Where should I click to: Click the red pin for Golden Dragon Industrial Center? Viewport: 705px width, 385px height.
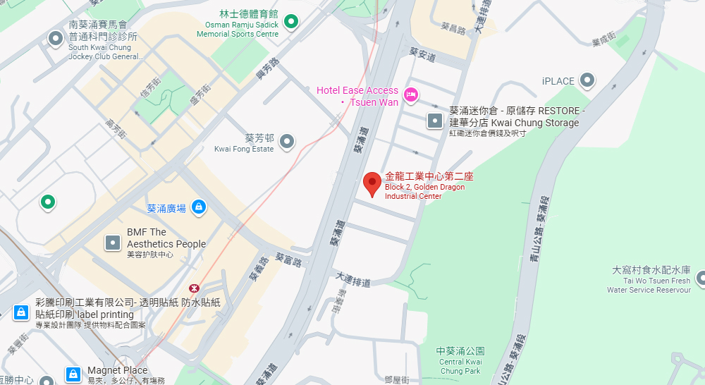(372, 185)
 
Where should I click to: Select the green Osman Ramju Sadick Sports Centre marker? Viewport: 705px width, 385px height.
(290, 21)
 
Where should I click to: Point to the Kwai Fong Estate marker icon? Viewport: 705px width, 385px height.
(287, 142)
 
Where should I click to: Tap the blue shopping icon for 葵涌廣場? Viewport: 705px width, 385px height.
(199, 207)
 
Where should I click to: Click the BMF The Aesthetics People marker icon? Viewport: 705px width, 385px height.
(113, 243)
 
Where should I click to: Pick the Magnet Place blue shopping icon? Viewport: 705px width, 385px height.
(73, 374)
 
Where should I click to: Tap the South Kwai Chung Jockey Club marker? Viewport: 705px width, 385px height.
(55, 39)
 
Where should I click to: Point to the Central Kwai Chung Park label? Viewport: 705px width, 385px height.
(460, 360)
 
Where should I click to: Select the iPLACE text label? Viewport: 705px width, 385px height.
(558, 81)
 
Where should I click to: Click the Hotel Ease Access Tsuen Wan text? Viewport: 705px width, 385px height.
(357, 97)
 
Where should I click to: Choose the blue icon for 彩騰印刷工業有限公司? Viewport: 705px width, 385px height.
(21, 311)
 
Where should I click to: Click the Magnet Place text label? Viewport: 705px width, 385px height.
(117, 370)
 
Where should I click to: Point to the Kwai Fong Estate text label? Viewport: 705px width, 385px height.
(244, 143)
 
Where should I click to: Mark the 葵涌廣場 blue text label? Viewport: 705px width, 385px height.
(166, 208)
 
